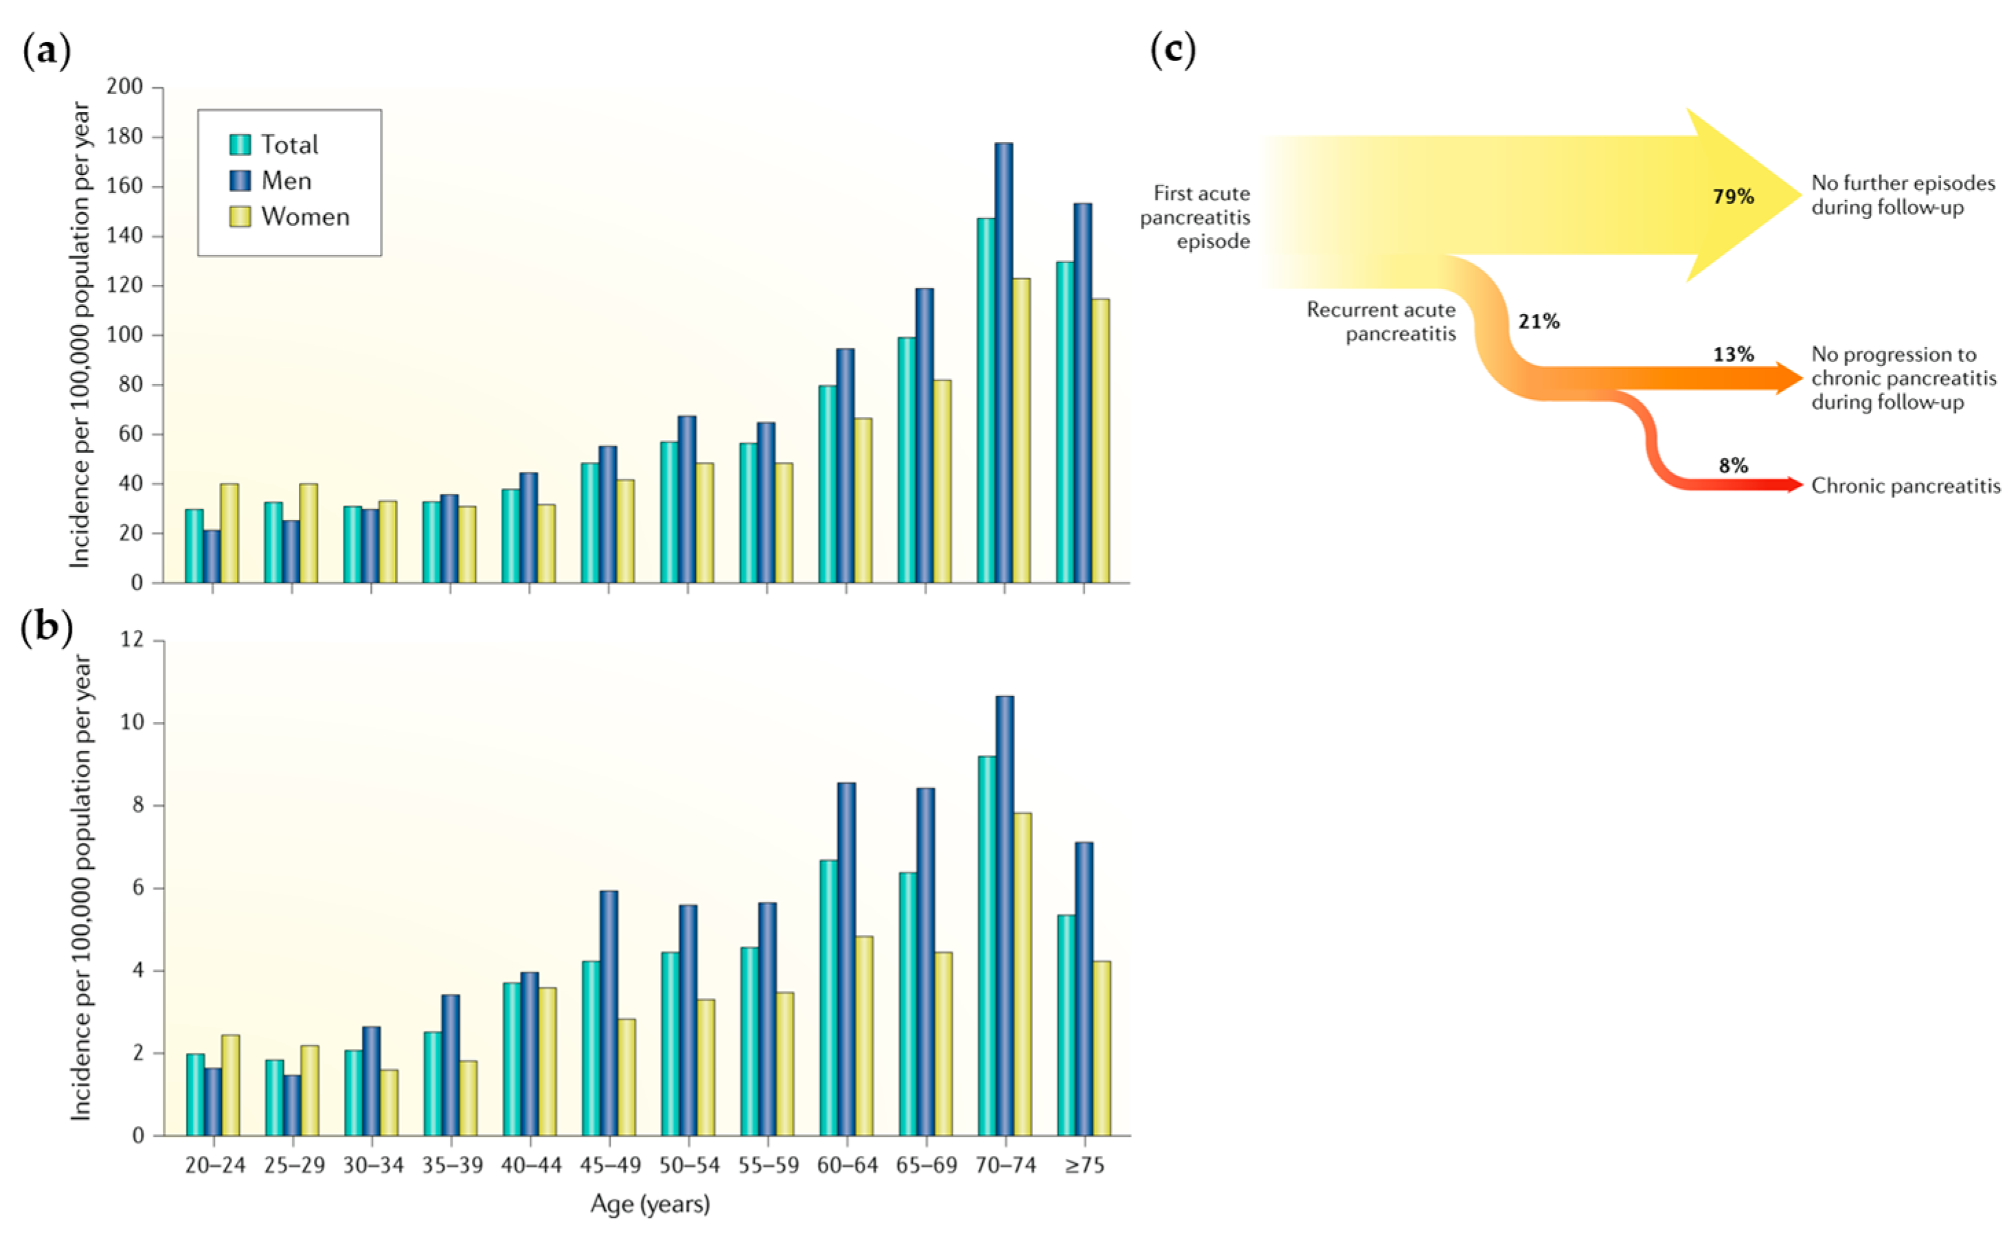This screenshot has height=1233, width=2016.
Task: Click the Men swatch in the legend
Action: click(x=240, y=180)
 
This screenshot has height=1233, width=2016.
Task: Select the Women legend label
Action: click(x=305, y=217)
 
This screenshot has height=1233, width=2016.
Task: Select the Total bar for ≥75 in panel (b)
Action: click(x=1066, y=1024)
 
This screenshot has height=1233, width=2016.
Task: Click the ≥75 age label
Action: click(x=1084, y=1165)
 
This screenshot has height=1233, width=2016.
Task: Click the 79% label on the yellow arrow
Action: click(x=1733, y=196)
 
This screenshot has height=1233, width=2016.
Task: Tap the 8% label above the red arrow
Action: click(x=1733, y=466)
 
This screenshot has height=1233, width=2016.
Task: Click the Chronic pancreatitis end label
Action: click(x=1905, y=486)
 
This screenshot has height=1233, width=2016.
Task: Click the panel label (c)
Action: click(x=1173, y=51)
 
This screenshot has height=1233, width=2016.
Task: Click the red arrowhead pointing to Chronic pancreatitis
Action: click(x=1794, y=484)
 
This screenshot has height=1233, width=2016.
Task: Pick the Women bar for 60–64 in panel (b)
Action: click(x=864, y=1035)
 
